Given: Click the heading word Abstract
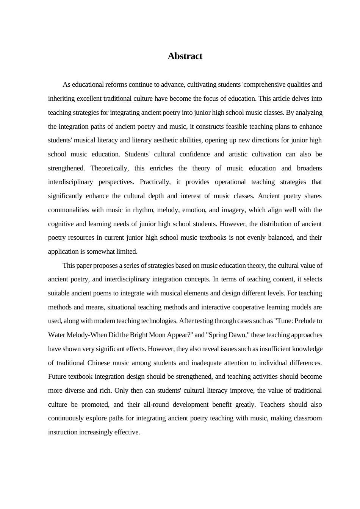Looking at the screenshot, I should [185, 56].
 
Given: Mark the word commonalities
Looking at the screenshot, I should [68, 210].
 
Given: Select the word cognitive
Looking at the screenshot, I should [61, 224].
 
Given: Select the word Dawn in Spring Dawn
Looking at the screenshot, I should [237, 335].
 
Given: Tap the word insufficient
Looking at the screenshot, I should [276, 349].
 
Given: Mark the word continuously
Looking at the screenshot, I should [66, 418].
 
